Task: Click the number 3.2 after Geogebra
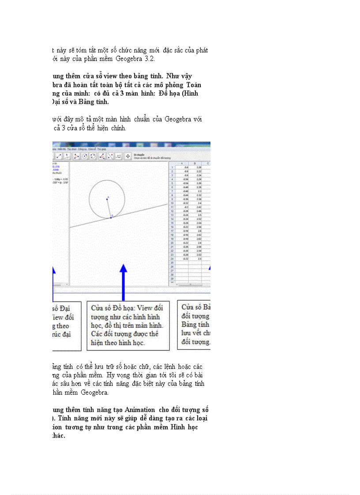pos(150,59)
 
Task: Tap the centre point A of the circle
pos(107,199)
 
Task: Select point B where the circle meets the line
pos(111,218)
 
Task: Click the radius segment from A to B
pos(109,208)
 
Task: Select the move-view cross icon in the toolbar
pos(128,156)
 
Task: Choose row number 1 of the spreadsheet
pos(171,167)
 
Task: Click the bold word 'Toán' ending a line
pos(194,85)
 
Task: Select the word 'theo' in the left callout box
pos(62,326)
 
